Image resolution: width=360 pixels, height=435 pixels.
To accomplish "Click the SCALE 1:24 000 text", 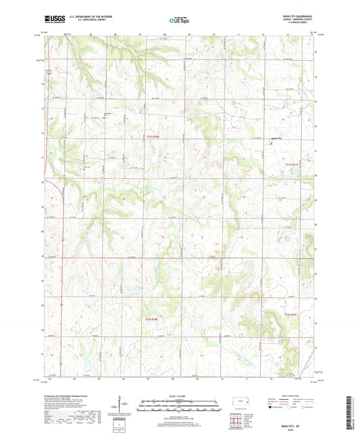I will pos(179,394).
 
